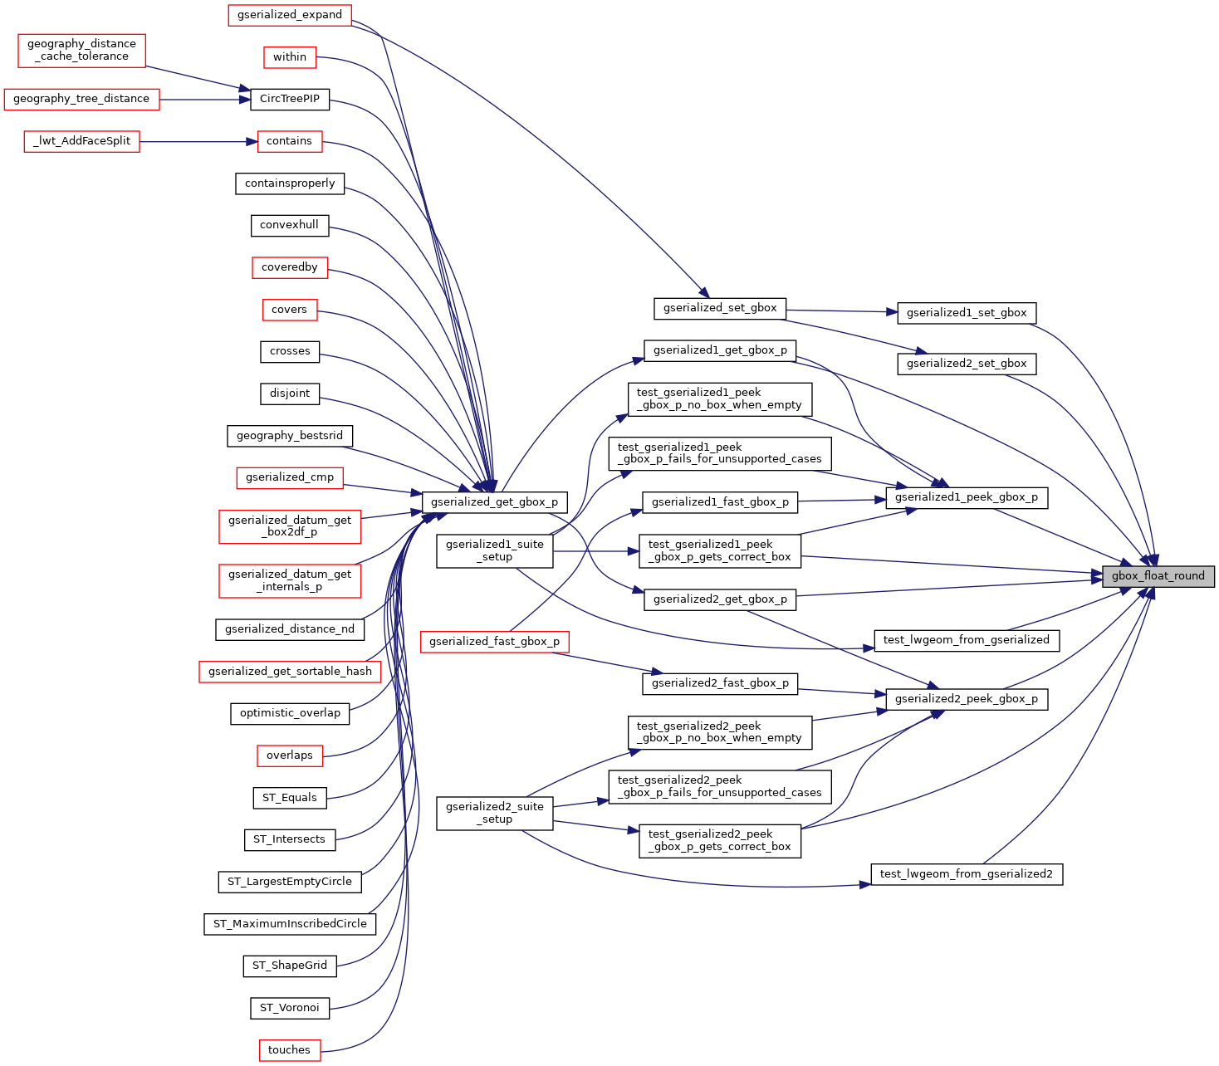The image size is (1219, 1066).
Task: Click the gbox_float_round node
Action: point(1158,576)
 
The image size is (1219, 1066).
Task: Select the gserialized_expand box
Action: point(290,15)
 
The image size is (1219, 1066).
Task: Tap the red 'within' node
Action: point(290,57)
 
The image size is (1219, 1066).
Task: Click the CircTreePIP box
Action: point(290,100)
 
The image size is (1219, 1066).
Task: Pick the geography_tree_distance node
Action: point(81,100)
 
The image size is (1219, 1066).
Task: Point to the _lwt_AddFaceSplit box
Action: point(81,142)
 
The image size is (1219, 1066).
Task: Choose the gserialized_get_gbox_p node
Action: point(495,502)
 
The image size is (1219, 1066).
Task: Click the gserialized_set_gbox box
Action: point(720,309)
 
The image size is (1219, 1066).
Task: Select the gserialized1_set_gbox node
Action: point(967,313)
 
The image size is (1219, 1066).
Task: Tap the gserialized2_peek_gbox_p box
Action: point(967,699)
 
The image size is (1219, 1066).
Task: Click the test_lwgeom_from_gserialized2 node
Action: point(967,874)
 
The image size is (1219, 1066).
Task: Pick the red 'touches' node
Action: point(290,1050)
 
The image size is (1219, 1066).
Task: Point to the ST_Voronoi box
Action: point(290,1008)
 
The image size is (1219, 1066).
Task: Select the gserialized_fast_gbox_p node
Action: point(495,642)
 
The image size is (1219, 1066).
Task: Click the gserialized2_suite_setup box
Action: point(495,814)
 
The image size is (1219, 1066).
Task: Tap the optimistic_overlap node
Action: point(290,713)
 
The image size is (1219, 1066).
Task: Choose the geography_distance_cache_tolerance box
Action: point(81,51)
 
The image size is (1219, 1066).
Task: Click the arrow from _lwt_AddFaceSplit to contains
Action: point(198,142)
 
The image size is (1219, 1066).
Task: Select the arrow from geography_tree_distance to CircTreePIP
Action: point(205,100)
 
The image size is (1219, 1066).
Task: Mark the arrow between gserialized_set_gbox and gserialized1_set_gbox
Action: point(842,311)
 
